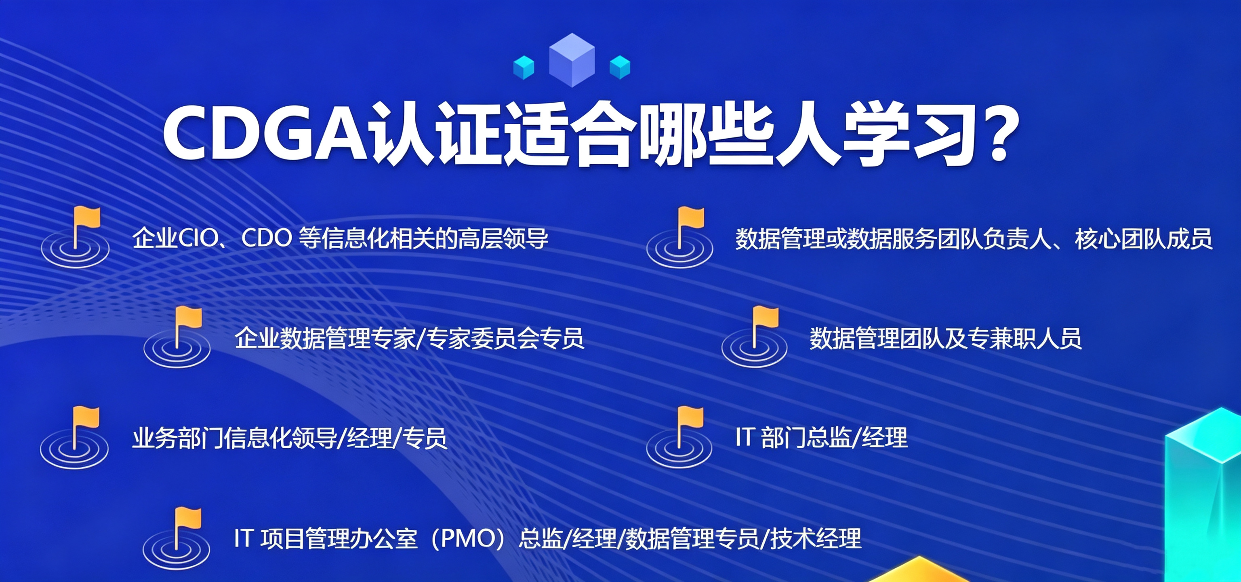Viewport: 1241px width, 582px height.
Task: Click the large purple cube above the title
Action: point(572,60)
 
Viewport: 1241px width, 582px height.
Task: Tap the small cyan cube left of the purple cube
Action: point(524,67)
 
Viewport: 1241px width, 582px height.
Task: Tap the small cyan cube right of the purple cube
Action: point(620,67)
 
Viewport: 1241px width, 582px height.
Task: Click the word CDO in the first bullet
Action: point(266,238)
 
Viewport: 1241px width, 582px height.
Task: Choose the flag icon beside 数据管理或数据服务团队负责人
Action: point(679,237)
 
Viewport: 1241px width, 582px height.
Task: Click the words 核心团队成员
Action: point(1143,238)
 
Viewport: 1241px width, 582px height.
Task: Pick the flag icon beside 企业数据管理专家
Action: point(177,337)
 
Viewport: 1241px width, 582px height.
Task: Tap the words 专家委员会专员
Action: point(505,338)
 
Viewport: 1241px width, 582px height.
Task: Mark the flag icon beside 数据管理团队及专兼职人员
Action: point(755,337)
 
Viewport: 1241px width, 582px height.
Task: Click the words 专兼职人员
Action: point(1025,338)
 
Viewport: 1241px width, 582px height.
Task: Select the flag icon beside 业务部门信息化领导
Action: point(74,437)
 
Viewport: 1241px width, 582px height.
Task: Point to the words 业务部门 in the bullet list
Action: point(178,438)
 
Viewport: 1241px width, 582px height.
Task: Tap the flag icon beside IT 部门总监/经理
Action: point(679,437)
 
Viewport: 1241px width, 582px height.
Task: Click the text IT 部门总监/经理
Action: point(821,437)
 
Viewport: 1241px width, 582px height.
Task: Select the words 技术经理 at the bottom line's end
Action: point(816,538)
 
